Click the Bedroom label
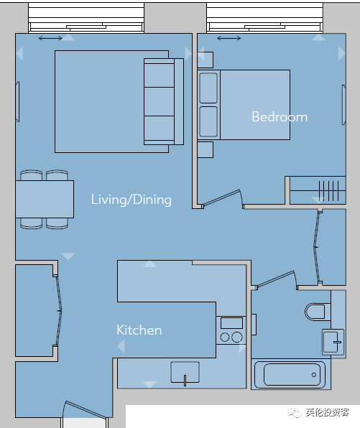coord(280,117)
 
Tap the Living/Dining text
coord(131,200)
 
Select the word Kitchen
coord(139,330)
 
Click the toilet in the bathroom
coord(318,312)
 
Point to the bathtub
coord(290,375)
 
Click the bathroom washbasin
coord(333,342)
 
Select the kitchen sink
coord(185,373)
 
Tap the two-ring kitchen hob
coord(231,330)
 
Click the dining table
coord(45,199)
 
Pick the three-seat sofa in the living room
coord(164,101)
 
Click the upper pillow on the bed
coord(208,88)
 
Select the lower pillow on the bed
coord(208,121)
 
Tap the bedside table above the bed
coord(205,60)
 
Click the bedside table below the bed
coord(205,149)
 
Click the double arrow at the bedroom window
coord(229,38)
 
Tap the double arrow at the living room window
coord(50,38)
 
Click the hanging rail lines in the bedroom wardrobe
coord(329,191)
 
